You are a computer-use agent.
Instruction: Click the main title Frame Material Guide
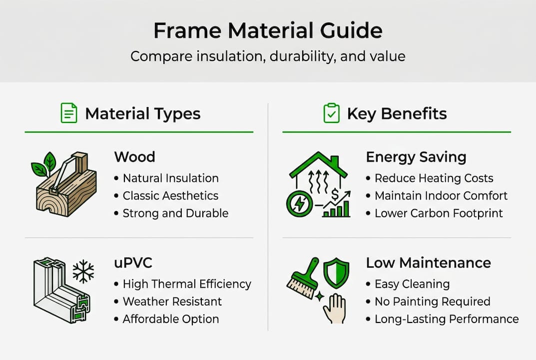pyautogui.click(x=268, y=31)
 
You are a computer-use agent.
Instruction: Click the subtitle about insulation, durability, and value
pyautogui.click(x=268, y=55)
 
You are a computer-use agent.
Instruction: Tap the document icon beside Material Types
pyautogui.click(x=68, y=113)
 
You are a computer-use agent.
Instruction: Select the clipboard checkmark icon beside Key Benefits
pyautogui.click(x=331, y=113)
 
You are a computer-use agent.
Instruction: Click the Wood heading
pyautogui.click(x=134, y=157)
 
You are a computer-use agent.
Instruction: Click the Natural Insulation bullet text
pyautogui.click(x=170, y=178)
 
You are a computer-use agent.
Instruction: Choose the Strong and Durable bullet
pyautogui.click(x=175, y=213)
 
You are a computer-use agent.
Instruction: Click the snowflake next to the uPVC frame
pyautogui.click(x=83, y=271)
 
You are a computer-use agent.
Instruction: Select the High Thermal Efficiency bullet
pyautogui.click(x=187, y=284)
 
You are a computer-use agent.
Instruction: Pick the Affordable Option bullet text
pyautogui.click(x=171, y=319)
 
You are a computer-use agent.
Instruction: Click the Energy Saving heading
pyautogui.click(x=416, y=157)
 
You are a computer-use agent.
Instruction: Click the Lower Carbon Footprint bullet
pyautogui.click(x=439, y=213)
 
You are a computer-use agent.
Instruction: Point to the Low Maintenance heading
pyautogui.click(x=428, y=263)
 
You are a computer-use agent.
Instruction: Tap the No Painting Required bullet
pyautogui.click(x=432, y=301)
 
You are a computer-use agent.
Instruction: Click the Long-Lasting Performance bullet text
pyautogui.click(x=447, y=319)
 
